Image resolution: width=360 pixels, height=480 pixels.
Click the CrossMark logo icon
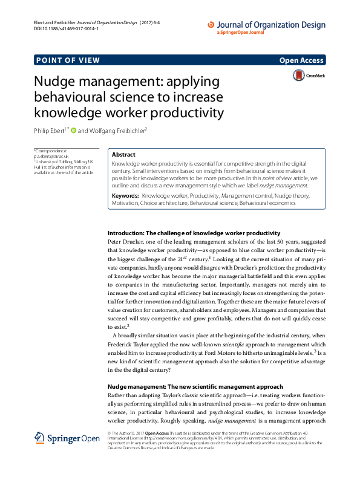click(x=299, y=75)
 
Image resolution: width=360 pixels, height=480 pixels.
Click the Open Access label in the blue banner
click(x=302, y=60)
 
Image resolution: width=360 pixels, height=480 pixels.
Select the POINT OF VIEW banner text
click(x=68, y=60)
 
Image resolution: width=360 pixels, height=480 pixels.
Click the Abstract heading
click(x=124, y=155)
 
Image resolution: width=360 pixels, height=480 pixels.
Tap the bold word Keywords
click(x=125, y=180)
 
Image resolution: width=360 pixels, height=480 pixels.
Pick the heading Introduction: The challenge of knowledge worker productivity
click(x=194, y=216)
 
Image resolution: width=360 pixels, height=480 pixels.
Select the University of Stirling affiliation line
click(x=64, y=162)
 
